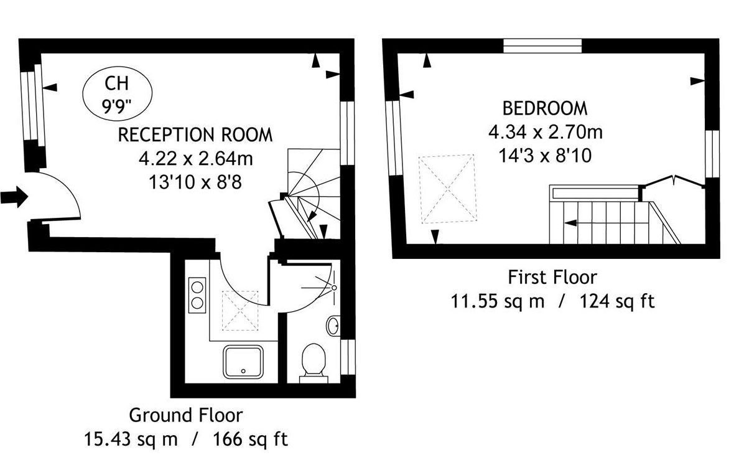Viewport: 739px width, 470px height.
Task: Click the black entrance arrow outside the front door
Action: pos(14,196)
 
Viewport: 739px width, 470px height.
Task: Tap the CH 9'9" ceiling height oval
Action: pos(118,93)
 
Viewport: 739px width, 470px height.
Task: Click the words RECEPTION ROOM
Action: pos(195,135)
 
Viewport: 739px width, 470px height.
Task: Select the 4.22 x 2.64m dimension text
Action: pos(195,159)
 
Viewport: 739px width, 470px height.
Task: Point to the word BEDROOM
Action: pos(545,108)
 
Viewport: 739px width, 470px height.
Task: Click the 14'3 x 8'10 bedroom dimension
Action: pos(545,155)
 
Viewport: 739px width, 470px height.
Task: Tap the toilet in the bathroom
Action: pos(313,362)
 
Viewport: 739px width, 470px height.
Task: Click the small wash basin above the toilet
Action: pos(333,326)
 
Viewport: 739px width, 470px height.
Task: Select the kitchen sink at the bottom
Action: pos(243,362)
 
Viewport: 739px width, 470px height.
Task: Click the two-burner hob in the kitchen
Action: pos(197,295)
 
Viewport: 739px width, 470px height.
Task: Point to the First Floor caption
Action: pos(552,277)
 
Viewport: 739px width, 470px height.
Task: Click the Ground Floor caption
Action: pos(186,415)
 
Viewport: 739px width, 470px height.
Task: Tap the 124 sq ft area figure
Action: pos(617,301)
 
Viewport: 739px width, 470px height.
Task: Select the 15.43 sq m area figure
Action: pos(131,439)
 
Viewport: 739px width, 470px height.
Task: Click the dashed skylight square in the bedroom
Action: pos(447,189)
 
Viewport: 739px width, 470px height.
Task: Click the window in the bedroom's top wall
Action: pos(542,46)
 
